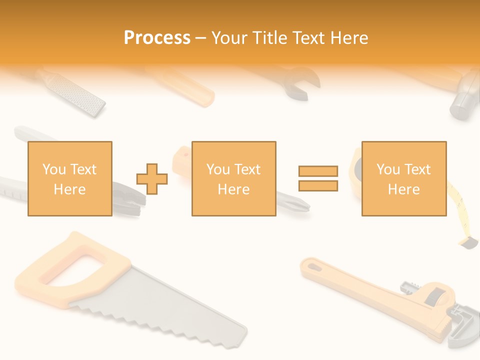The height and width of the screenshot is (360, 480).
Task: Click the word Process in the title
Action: click(x=157, y=38)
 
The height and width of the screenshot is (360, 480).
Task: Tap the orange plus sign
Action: click(x=152, y=178)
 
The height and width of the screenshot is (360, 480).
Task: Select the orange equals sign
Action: click(x=318, y=178)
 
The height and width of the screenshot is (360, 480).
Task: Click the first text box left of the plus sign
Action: click(x=69, y=178)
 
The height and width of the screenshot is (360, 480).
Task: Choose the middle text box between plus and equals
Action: click(x=233, y=178)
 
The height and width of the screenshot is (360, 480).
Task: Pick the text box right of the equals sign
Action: click(x=403, y=178)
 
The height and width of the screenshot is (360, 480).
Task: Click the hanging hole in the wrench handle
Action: click(x=313, y=266)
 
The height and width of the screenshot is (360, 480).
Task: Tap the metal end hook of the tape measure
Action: click(x=469, y=243)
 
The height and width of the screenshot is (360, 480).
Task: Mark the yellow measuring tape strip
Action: click(x=458, y=205)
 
